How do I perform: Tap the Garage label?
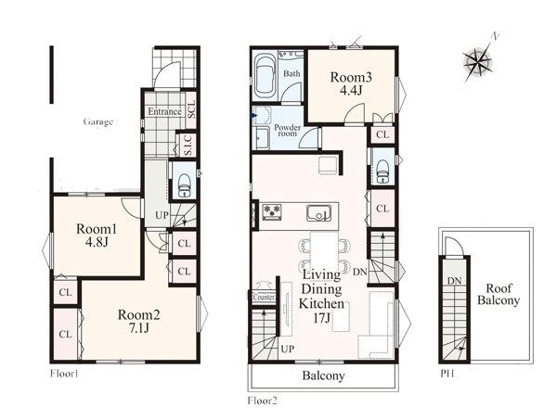pos(98,122)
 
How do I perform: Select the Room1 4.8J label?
pos(97,235)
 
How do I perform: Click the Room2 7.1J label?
pos(139,321)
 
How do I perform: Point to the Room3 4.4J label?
pos(351,83)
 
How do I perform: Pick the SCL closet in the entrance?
pos(190,110)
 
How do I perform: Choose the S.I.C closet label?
pos(188,145)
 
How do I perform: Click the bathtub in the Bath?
pos(265,77)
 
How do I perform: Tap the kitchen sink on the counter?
pos(318,213)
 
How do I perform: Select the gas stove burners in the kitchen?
pos(272,211)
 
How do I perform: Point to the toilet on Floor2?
pos(382,171)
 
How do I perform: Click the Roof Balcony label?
pos(498,295)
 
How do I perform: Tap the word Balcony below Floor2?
pos(323,375)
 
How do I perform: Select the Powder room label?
pos(288,131)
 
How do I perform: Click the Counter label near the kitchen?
pos(265,298)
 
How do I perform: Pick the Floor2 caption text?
pos(262,401)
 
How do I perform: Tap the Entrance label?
pos(164,112)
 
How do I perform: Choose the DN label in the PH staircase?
pos(454,281)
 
